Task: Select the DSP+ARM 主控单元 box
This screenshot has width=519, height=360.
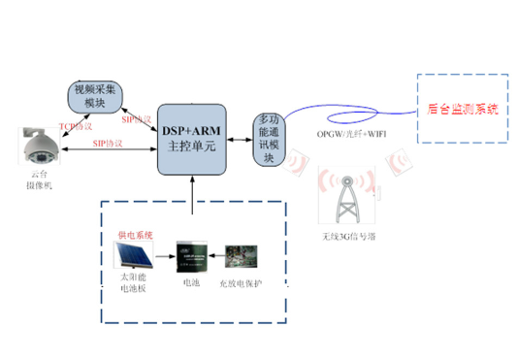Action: tap(195, 142)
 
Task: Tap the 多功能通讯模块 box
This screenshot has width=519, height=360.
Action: tap(271, 139)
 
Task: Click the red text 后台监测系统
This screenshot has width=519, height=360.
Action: tap(463, 109)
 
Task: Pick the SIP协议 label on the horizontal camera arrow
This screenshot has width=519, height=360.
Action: tap(107, 143)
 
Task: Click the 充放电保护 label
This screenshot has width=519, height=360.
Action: tap(243, 282)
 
